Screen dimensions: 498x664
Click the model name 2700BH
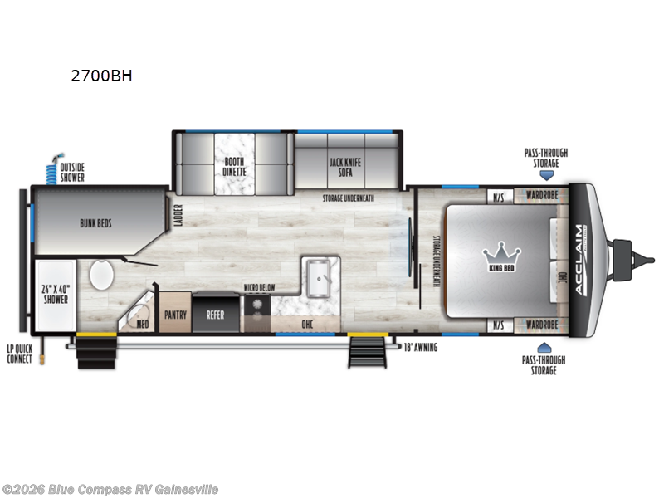pyautogui.click(x=102, y=76)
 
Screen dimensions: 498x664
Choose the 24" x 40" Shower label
pyautogui.click(x=55, y=295)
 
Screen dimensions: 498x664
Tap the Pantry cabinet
pyautogui.click(x=174, y=315)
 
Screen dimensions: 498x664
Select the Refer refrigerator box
pyautogui.click(x=215, y=315)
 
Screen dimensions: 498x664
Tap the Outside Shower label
pyautogui.click(x=72, y=171)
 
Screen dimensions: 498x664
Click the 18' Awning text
pyautogui.click(x=419, y=347)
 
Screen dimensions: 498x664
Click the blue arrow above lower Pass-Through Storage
pyautogui.click(x=545, y=347)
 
